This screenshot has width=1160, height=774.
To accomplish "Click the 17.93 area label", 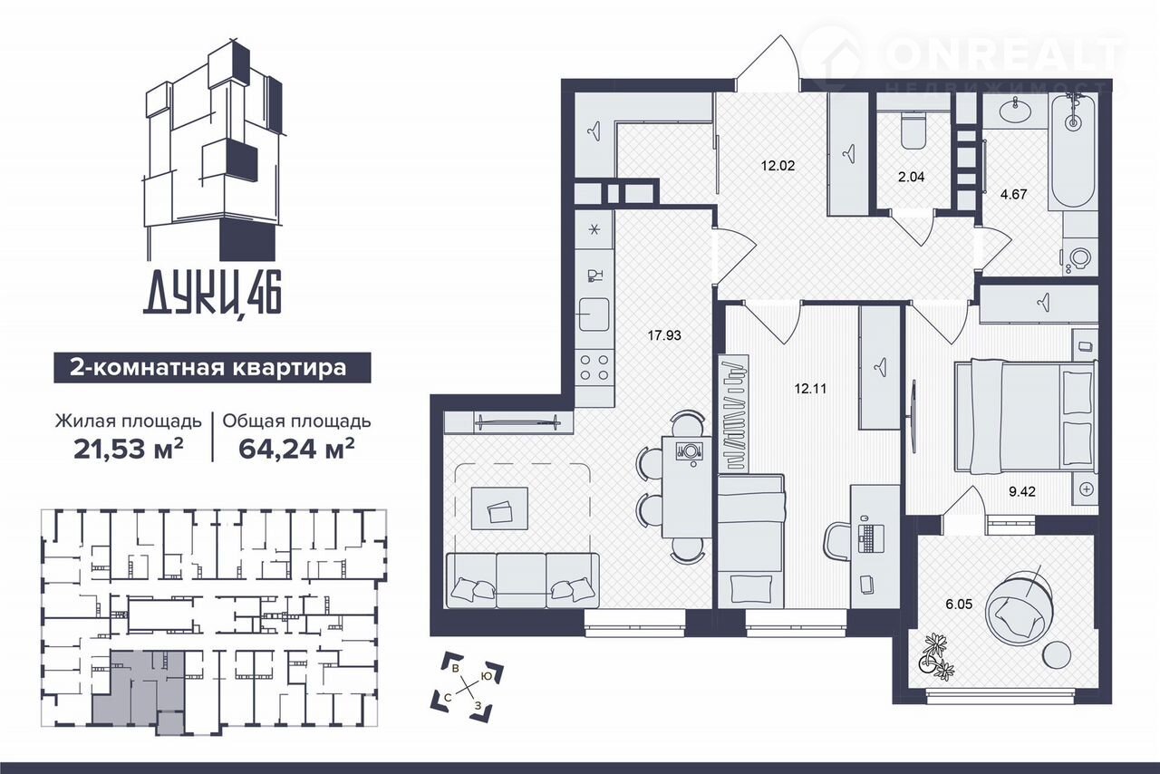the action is (664, 335).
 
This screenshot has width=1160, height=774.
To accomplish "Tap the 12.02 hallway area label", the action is (778, 166).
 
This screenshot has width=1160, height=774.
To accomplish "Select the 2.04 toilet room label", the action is (912, 177).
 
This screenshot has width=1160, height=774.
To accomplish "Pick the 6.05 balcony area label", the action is (959, 604).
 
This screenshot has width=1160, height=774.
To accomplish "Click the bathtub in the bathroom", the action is (1073, 151).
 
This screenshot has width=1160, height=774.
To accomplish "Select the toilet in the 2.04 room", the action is (913, 131).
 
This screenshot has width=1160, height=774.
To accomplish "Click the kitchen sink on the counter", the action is (594, 314).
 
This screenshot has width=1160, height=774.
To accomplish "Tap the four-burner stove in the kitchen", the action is (594, 367).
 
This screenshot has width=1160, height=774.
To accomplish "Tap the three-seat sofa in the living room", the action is (523, 580).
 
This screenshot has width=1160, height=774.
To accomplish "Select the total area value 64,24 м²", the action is (296, 449).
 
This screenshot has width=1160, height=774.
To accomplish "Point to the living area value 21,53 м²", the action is (129, 449).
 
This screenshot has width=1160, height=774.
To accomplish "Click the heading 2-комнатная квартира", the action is (208, 368).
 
